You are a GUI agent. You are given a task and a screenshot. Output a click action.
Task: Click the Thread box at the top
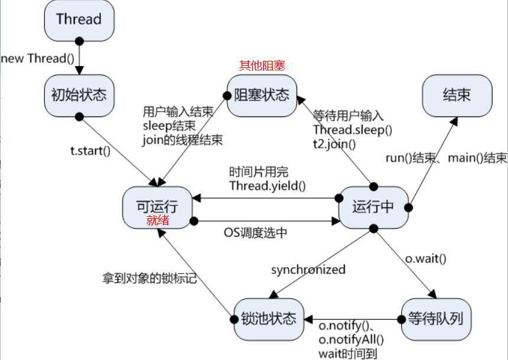(79, 21)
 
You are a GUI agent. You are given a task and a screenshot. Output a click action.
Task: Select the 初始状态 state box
(79, 96)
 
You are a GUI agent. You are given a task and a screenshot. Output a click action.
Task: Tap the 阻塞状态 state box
(262, 96)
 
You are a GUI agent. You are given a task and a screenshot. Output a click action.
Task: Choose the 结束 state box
(457, 96)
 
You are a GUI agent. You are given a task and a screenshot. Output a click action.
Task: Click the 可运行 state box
(158, 207)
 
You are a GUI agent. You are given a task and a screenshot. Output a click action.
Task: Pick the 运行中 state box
(373, 207)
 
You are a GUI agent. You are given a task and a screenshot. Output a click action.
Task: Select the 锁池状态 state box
(269, 319)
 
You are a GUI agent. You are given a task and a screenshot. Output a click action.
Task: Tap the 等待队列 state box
(436, 319)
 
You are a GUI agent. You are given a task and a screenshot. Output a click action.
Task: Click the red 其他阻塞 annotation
(262, 66)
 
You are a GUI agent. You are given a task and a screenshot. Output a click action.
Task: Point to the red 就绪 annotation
(158, 220)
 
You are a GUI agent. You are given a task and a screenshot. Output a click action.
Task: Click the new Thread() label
(38, 59)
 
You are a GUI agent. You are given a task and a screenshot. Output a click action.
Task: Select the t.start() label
(90, 151)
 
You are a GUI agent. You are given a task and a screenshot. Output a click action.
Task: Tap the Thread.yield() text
(267, 186)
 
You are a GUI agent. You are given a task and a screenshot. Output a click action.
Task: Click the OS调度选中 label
(256, 232)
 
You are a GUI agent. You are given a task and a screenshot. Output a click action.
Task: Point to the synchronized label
(308, 270)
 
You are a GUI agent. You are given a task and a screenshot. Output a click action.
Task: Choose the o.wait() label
(426, 258)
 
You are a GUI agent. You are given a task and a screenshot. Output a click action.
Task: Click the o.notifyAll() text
(351, 339)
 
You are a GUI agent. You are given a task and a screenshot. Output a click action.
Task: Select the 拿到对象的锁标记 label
(149, 278)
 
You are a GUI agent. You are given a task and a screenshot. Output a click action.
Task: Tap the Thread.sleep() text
(353, 129)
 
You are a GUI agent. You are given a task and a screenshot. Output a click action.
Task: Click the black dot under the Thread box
(79, 41)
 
